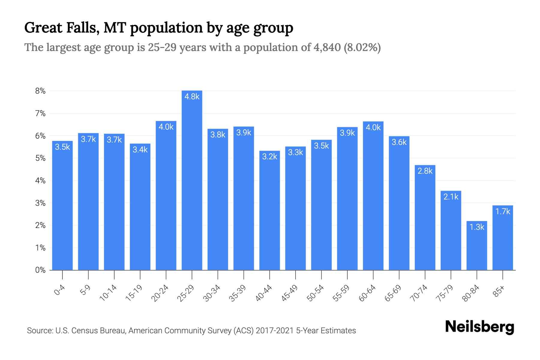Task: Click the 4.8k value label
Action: tap(192, 97)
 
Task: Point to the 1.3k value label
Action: tap(477, 227)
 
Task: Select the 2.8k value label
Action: tap(425, 171)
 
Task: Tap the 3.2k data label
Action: tap(269, 157)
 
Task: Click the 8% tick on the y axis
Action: tap(40, 91)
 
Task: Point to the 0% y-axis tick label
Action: tap(40, 270)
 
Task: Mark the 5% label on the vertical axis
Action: tap(40, 158)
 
